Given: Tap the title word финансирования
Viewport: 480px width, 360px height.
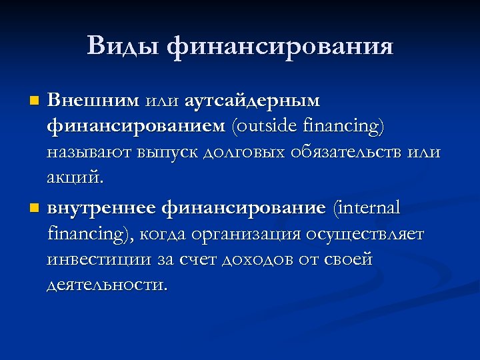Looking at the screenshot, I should [280, 47].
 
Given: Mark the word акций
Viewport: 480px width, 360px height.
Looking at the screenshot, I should [75, 178].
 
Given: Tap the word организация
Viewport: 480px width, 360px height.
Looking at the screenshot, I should [246, 234].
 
